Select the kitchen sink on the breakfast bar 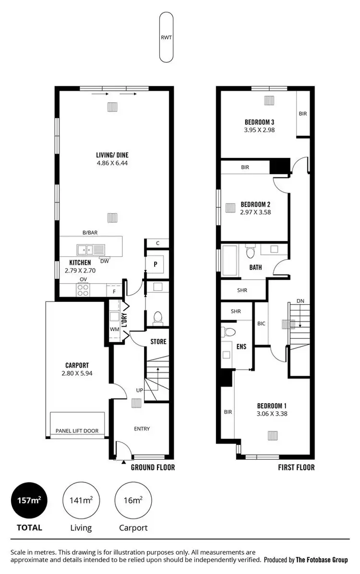coord(90,250)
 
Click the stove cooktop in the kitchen coord(83,289)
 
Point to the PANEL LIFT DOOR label coord(77,431)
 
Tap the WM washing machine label coord(114,329)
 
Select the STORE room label coord(158,342)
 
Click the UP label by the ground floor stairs coord(139,390)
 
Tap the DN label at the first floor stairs coord(300,301)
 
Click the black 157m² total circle coord(29,501)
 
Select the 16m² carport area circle coord(133,501)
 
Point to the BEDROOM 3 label coord(259,122)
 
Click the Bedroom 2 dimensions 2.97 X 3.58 coord(256,211)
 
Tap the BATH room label coord(255,267)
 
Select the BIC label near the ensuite coord(261,323)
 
